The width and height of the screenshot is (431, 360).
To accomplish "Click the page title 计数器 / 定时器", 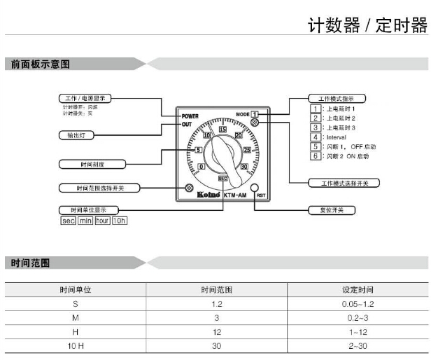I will [367, 26].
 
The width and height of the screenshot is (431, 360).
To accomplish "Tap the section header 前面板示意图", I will [41, 64].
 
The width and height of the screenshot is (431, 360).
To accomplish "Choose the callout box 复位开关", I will [332, 210].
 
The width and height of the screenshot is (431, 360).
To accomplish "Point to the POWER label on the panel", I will [190, 116].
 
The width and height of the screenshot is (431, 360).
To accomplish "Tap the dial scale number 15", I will [223, 129].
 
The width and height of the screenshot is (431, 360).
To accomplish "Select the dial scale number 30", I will [244, 167].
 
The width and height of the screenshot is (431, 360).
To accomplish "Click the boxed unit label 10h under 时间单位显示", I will [120, 221].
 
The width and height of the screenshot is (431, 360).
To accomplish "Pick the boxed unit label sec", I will [68, 221].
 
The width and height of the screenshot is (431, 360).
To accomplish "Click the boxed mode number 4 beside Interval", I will [316, 137].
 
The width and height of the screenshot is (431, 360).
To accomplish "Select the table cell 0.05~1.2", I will [357, 303].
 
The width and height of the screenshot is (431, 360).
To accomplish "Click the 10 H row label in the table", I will [76, 346].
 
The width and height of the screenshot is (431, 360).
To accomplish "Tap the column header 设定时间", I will [357, 289].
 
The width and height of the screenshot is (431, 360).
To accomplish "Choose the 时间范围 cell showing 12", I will [216, 332].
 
